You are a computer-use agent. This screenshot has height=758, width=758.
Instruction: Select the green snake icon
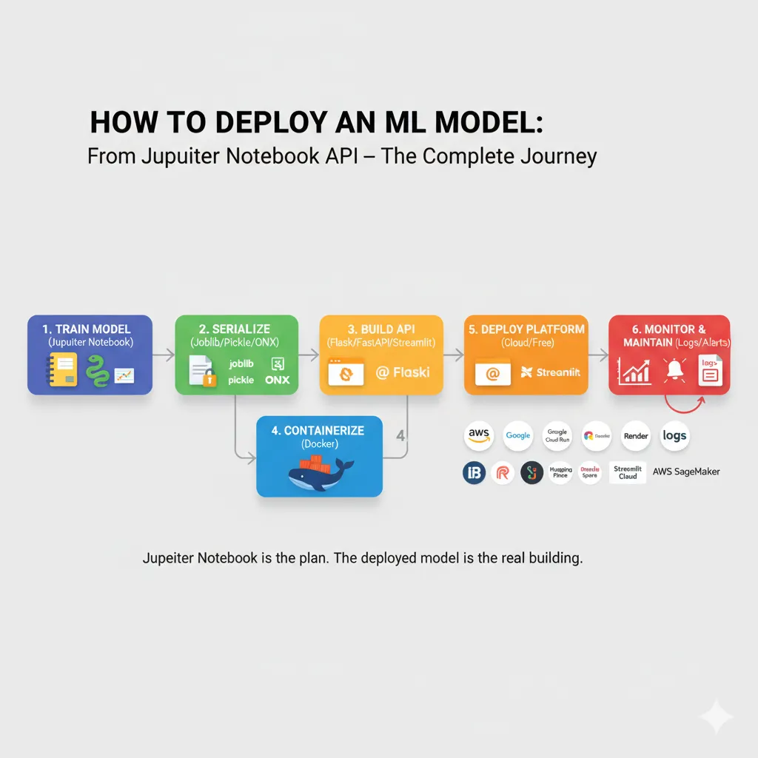tap(96, 370)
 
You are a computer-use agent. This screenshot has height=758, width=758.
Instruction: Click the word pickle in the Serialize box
tap(241, 380)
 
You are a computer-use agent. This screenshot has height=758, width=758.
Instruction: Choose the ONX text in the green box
tap(278, 380)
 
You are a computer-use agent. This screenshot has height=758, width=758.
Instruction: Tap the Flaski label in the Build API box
tap(403, 372)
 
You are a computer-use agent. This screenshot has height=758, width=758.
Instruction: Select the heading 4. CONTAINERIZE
tap(319, 431)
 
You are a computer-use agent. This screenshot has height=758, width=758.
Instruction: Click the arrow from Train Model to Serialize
tap(164, 355)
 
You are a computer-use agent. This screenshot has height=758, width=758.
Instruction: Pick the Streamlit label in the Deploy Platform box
tap(551, 372)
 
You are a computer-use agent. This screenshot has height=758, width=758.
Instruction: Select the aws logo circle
tap(479, 435)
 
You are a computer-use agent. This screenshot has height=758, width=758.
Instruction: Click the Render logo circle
tap(635, 436)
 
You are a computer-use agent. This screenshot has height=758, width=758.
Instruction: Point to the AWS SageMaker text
tap(685, 472)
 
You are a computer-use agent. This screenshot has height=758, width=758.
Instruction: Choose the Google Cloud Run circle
tap(557, 435)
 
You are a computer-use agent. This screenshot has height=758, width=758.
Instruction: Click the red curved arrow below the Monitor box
tap(683, 403)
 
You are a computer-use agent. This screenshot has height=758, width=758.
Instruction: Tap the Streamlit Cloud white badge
tap(628, 472)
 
